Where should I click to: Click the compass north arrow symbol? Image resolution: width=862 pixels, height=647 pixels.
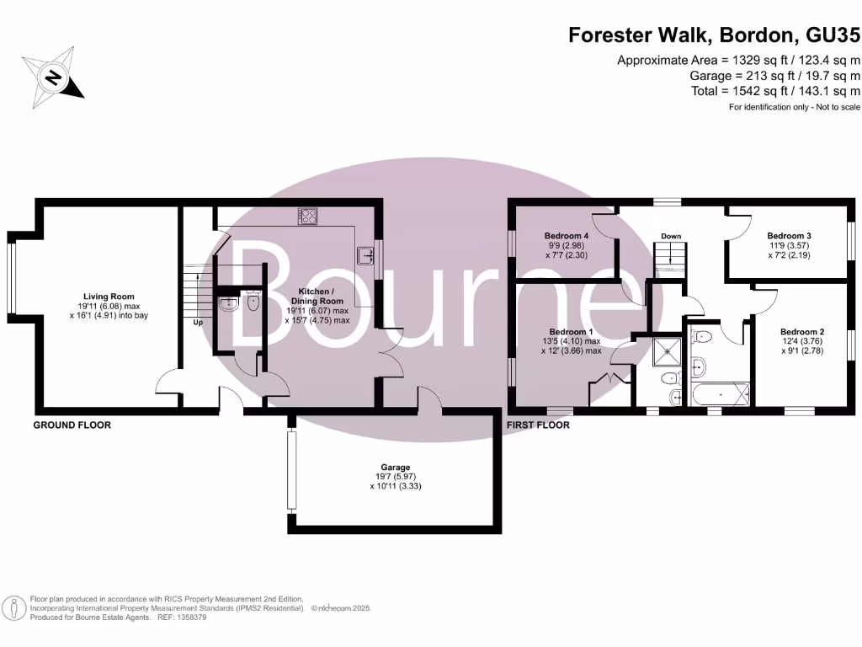[53, 78]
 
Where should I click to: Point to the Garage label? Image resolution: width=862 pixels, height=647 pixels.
[395, 467]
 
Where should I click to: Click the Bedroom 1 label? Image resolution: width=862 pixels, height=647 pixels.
[571, 332]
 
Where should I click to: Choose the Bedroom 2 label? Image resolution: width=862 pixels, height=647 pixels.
[801, 332]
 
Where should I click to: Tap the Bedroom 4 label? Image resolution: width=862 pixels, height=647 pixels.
[566, 236]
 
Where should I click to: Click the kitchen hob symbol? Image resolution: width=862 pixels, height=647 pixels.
[307, 217]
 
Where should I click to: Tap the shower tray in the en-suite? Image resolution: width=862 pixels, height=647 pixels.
[671, 350]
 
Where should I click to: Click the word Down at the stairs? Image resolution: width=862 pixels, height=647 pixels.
[670, 236]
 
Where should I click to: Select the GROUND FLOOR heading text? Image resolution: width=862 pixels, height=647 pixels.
[72, 425]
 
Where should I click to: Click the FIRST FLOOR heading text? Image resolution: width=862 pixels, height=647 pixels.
[538, 425]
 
